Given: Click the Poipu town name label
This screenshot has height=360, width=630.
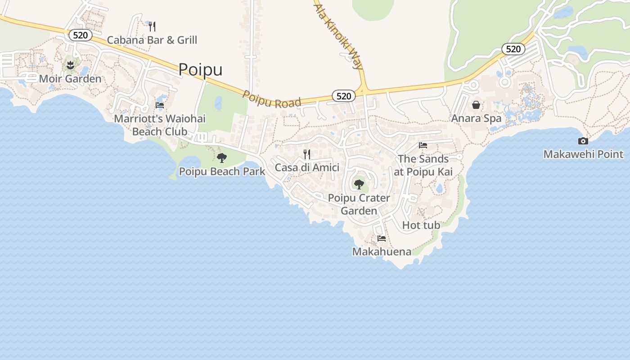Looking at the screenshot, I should pyautogui.click(x=200, y=70).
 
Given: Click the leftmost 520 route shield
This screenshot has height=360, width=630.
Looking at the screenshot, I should pyautogui.click(x=81, y=35).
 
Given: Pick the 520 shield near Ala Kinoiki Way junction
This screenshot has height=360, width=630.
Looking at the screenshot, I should pyautogui.click(x=344, y=96).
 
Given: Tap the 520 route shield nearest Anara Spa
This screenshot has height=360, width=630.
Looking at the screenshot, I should pyautogui.click(x=513, y=49).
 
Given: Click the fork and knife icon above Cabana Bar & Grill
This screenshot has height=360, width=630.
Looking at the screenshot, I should pyautogui.click(x=152, y=27).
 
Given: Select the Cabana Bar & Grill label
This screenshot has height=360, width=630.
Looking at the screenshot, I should pyautogui.click(x=152, y=40).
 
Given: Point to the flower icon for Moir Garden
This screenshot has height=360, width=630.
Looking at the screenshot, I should pyautogui.click(x=70, y=66).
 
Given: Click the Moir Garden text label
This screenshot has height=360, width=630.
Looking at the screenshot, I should pyautogui.click(x=70, y=79).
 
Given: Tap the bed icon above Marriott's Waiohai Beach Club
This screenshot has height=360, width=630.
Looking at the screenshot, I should pyautogui.click(x=160, y=105).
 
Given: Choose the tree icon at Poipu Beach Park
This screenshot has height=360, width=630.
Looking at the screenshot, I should pyautogui.click(x=222, y=158).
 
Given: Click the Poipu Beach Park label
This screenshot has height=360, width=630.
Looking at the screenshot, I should pyautogui.click(x=222, y=171).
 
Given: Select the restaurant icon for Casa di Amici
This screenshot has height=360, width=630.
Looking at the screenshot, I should pyautogui.click(x=307, y=154).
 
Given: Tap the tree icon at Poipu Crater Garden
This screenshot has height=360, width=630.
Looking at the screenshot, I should pyautogui.click(x=359, y=184).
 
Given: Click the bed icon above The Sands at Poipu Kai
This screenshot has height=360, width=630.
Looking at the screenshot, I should pyautogui.click(x=423, y=145).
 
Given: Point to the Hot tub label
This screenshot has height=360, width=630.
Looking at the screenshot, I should pyautogui.click(x=421, y=225).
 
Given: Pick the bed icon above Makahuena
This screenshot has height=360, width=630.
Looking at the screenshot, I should pyautogui.click(x=382, y=238).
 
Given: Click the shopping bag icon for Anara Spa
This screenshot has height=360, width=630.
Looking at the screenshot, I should pyautogui.click(x=476, y=105).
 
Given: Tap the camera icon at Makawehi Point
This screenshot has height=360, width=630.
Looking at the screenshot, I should pyautogui.click(x=583, y=141).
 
